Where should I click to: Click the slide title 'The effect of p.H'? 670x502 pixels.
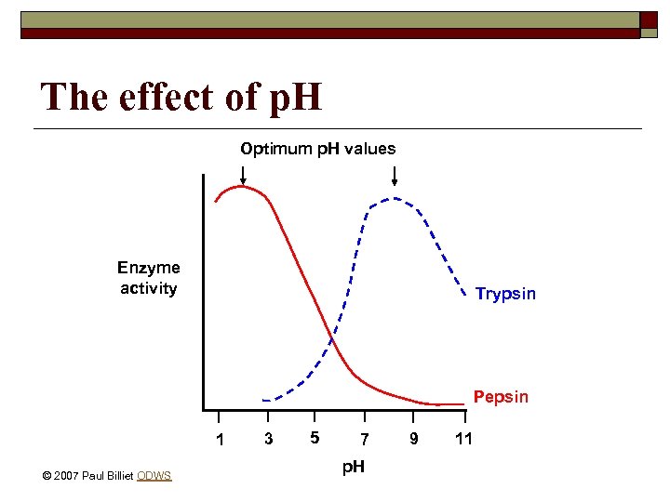[x=181, y=96]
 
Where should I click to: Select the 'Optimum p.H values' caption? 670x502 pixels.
[x=318, y=149]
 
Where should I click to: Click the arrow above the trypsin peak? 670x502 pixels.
[x=395, y=176]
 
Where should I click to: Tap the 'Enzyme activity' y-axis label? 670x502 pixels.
[x=149, y=278]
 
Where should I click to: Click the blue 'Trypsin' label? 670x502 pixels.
[x=505, y=294]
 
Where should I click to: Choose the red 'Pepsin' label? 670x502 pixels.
[x=501, y=397]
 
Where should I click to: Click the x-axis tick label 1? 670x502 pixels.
[x=220, y=439]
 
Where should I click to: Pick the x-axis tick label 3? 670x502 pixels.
[x=268, y=439]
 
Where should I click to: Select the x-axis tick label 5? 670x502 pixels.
[x=315, y=437]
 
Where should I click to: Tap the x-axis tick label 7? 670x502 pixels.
[x=365, y=439]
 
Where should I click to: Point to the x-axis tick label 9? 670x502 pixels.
[x=414, y=437]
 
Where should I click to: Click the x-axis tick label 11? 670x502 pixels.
[x=464, y=438]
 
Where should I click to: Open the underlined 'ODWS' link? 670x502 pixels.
[x=154, y=476]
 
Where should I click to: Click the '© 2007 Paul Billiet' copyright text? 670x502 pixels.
[x=88, y=476]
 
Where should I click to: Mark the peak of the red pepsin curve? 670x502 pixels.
[x=240, y=187]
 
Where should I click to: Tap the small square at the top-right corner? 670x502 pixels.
[x=650, y=20]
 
